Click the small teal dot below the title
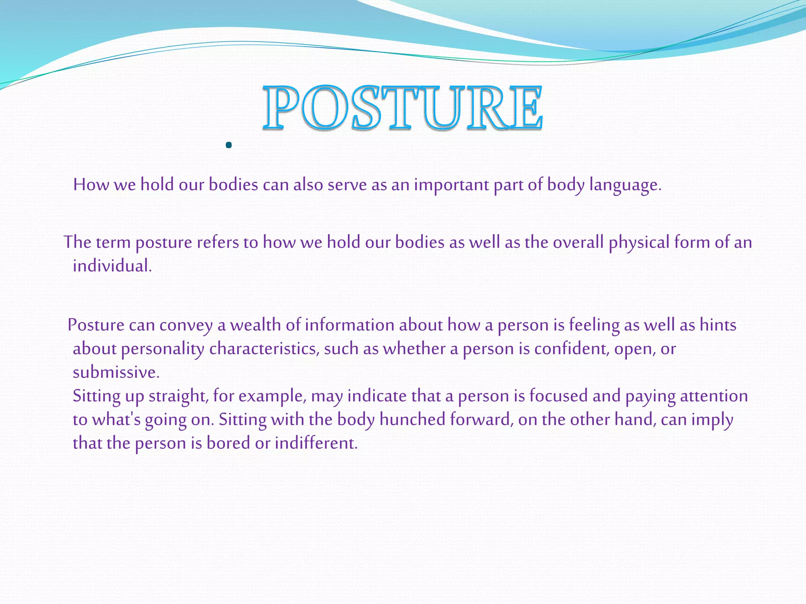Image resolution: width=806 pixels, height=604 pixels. [x=229, y=145]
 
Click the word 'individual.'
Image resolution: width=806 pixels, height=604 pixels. [x=112, y=266]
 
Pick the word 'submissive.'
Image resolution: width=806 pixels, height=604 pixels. [x=116, y=372]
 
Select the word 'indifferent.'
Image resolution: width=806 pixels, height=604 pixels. [x=316, y=443]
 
